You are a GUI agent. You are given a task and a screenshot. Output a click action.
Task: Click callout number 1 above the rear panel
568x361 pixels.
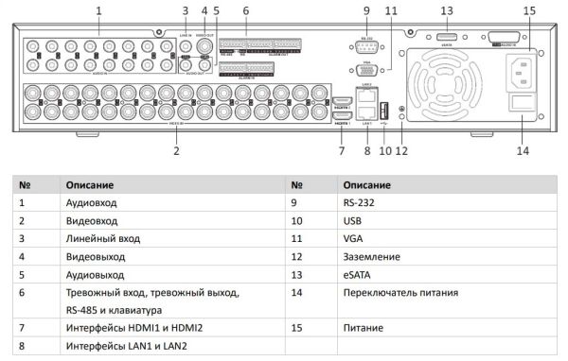98,9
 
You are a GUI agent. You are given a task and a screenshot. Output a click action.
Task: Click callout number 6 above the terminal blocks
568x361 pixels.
245,9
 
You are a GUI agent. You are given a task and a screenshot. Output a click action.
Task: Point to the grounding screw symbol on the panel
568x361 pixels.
401,112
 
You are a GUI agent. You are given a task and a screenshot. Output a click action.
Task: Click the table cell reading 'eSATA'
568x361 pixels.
358,274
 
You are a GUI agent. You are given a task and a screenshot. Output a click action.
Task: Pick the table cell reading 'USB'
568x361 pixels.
354,220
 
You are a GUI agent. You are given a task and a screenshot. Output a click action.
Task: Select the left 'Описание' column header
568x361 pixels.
90,184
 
